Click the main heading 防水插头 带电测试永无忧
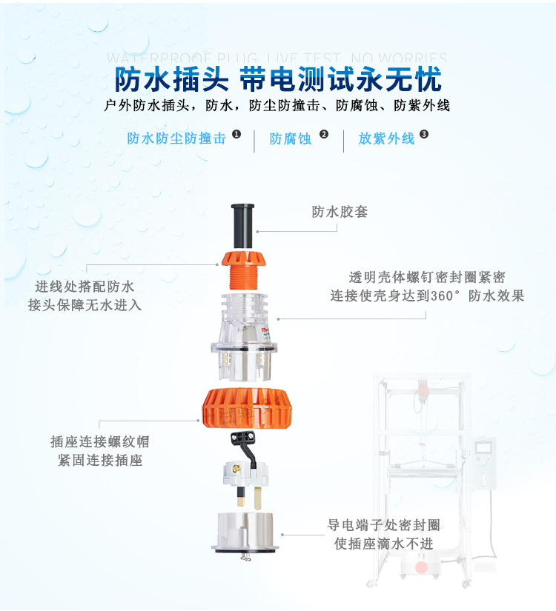pos(278,79)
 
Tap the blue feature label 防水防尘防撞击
pos(176,138)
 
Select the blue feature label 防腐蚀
pos(291,138)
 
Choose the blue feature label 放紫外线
pos(386,138)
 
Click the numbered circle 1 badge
pos(236,134)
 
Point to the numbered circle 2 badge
pos(324,134)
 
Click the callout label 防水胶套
pos(340,212)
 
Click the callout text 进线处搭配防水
pos(85,287)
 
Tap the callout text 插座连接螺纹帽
pos(100,442)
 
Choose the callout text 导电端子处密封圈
pos(383,525)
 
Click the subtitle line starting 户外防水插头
pos(278,105)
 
